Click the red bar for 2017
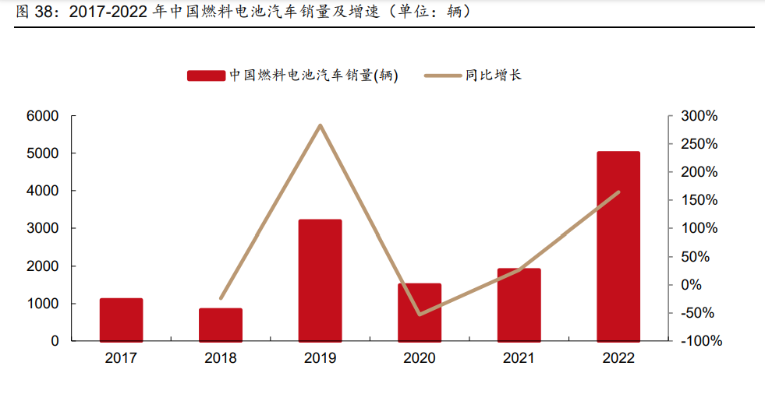121,319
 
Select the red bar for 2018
221,325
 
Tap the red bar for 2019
320,280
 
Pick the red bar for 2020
420,312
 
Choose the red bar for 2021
519,304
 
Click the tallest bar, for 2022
618,246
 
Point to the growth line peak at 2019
321,125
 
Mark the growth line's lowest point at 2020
420,315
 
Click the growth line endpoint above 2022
618,192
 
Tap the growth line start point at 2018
221,298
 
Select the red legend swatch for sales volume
206,76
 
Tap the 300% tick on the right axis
699,116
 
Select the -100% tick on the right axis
699,341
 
